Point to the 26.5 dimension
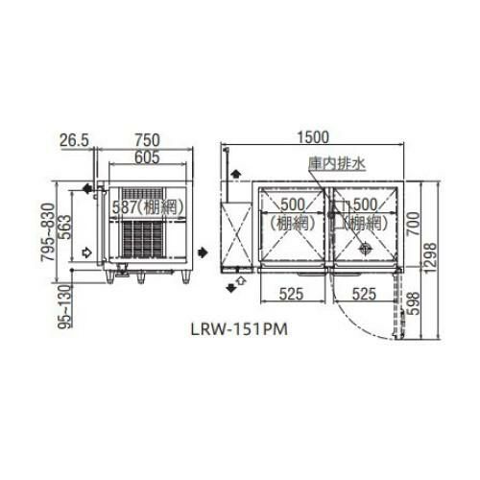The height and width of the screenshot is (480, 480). [x=73, y=139]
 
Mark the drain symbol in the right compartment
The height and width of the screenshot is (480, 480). [x=365, y=248]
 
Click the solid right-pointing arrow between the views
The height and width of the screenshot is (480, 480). [x=204, y=252]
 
